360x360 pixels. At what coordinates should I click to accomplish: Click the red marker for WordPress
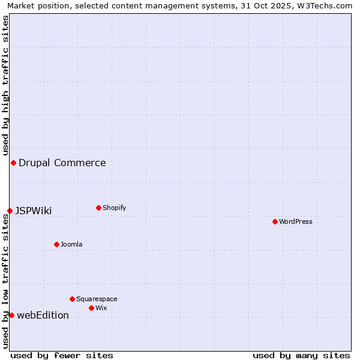[x=275, y=221]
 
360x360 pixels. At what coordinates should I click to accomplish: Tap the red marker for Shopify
[x=98, y=208]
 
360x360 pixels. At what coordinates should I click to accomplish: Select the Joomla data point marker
[x=56, y=244]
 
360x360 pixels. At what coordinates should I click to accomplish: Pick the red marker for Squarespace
[x=72, y=299]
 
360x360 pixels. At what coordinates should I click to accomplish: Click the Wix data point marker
[x=91, y=308]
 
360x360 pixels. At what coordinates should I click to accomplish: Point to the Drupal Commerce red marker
[x=13, y=163]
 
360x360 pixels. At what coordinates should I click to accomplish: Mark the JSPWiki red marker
[x=10, y=211]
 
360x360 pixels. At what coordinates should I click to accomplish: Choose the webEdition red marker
[x=11, y=315]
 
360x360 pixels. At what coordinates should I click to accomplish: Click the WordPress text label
[x=296, y=221]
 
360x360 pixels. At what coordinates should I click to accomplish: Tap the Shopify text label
[x=115, y=208]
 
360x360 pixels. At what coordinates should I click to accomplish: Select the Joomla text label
[x=71, y=244]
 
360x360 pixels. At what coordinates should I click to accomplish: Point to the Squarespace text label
[x=97, y=299]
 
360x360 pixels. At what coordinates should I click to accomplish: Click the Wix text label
[x=101, y=308]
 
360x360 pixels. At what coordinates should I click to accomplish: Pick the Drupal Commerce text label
[x=62, y=163]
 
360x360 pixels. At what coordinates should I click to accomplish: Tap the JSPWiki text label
[x=34, y=211]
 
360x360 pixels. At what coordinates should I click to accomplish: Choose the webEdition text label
[x=43, y=315]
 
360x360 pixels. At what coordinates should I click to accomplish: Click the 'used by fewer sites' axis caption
[x=62, y=355]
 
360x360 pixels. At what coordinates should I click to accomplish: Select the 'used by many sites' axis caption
[x=301, y=355]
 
